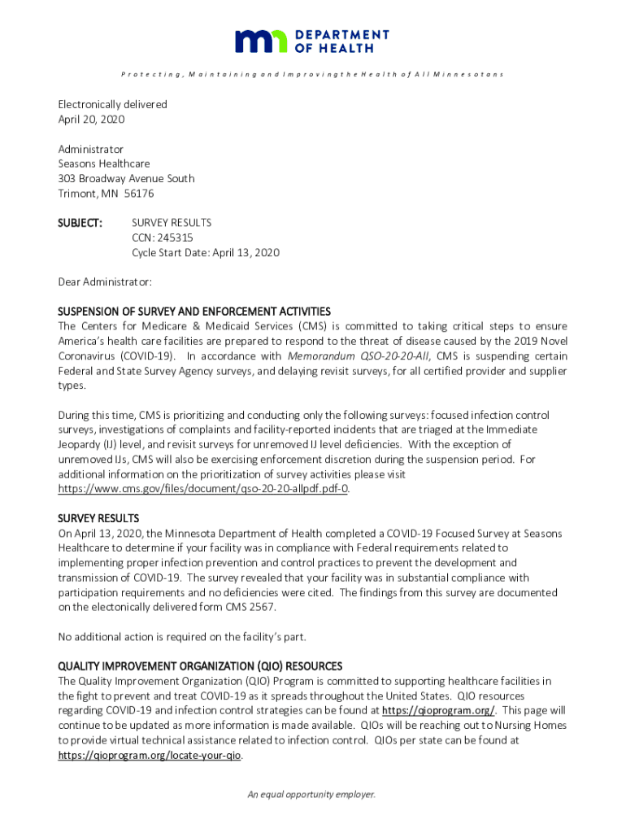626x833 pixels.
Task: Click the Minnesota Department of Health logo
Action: click(312, 41)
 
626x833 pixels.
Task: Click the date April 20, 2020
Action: click(91, 119)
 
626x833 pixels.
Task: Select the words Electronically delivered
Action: click(112, 104)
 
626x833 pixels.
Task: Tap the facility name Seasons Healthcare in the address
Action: click(103, 164)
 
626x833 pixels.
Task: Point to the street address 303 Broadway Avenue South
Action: click(126, 178)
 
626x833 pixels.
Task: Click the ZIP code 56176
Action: click(140, 193)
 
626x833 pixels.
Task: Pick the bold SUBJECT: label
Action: click(80, 222)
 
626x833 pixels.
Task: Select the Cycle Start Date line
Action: click(206, 252)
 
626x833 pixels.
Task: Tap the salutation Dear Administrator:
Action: click(105, 281)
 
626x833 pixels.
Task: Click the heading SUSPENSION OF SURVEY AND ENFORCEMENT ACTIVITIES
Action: click(194, 312)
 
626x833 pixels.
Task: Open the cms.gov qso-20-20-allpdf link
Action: click(203, 489)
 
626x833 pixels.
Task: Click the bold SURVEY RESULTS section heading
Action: click(98, 518)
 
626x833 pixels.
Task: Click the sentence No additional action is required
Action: click(181, 636)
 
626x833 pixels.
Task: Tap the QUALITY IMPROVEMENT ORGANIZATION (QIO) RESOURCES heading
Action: click(200, 666)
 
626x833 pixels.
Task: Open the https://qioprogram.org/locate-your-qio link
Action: click(150, 755)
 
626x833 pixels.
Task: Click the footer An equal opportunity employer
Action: click(312, 795)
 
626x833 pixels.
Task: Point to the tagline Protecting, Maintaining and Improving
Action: click(312, 74)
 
